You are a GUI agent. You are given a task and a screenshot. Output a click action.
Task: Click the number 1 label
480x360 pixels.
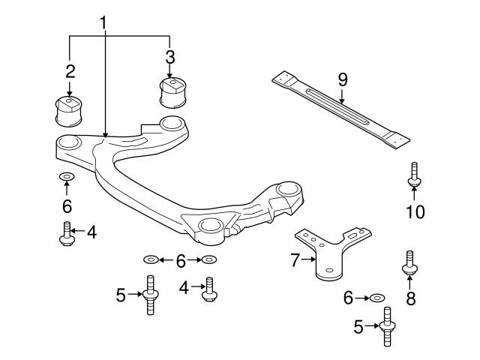click(x=105, y=23)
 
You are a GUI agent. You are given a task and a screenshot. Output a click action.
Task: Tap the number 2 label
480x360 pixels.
click(x=70, y=72)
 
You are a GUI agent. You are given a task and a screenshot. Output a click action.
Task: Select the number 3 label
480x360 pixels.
click(x=170, y=57)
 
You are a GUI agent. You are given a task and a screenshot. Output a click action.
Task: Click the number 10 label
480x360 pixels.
click(x=415, y=212)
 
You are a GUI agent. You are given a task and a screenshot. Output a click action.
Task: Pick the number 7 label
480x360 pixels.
click(x=294, y=260)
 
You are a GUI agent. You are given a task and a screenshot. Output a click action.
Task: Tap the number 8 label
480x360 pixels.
click(x=410, y=300)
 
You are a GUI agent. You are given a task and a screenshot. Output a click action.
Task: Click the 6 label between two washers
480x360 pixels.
click(x=179, y=260)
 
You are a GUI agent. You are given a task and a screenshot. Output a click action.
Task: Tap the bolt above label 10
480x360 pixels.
click(x=413, y=175)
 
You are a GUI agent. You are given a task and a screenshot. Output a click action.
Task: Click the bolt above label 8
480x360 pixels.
click(x=409, y=263)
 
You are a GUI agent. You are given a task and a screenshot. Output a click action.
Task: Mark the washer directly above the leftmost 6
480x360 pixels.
click(x=66, y=178)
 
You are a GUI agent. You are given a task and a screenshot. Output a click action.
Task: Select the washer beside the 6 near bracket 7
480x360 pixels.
click(x=377, y=298)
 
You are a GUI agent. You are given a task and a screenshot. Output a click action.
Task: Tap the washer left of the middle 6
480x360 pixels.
click(x=150, y=260)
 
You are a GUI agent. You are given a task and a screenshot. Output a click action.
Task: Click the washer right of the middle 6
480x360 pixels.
click(x=208, y=260)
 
